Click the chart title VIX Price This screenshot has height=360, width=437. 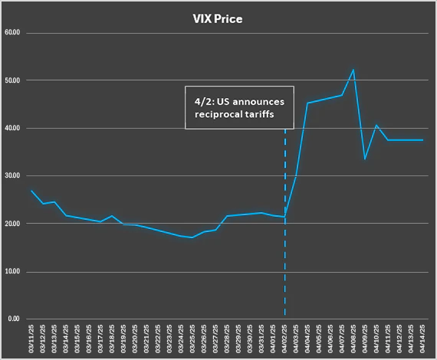218,19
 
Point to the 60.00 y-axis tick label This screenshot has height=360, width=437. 12,33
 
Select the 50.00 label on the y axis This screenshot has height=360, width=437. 12,80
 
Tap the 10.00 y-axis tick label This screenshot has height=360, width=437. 12,271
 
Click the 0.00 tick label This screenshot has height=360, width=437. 14,319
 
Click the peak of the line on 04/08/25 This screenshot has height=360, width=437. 353,70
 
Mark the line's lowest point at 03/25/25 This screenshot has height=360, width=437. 192,237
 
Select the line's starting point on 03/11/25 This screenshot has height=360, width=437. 31,191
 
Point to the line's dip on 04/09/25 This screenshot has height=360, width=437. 365,159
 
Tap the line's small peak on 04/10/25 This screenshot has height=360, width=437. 376,125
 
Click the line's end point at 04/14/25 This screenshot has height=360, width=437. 422,140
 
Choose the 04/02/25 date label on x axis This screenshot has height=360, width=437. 284,339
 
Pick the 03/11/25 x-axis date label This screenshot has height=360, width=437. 31,339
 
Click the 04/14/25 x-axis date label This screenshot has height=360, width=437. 422,339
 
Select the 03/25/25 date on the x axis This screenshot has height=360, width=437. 192,339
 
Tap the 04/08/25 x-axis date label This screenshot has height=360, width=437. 353,339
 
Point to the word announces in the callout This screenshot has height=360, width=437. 258,102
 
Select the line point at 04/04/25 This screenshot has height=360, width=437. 307,103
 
